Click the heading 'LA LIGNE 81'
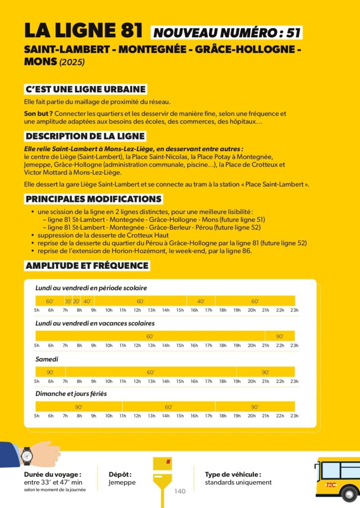click(x=84, y=30)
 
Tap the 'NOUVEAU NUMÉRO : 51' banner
click(x=227, y=33)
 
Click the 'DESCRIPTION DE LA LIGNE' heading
click(x=85, y=136)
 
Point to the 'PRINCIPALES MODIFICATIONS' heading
click(x=93, y=199)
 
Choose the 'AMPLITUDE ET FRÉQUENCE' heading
click(x=87, y=266)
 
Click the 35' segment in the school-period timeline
click(x=68, y=301)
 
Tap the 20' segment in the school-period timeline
click(x=76, y=301)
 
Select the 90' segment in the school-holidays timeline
click(x=280, y=336)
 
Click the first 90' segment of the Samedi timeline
click(x=50, y=372)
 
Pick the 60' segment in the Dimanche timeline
click(x=169, y=407)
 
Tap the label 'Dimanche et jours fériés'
click(x=71, y=394)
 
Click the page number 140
click(x=180, y=491)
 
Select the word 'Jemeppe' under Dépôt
click(x=122, y=482)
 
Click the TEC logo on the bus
click(x=330, y=484)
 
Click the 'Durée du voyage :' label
click(x=53, y=474)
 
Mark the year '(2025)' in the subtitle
click(x=72, y=63)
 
